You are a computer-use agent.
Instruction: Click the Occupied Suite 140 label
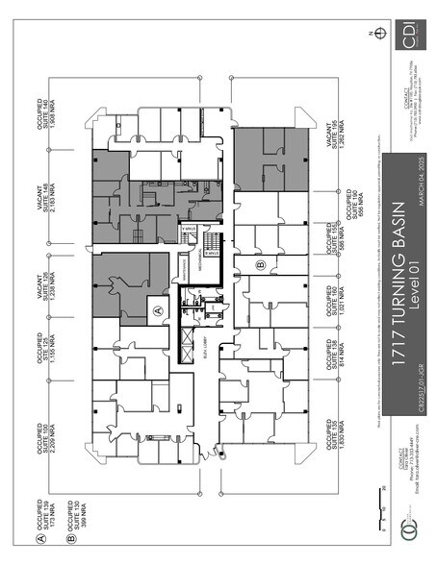point(52,113)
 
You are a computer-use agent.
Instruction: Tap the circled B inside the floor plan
point(260,263)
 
